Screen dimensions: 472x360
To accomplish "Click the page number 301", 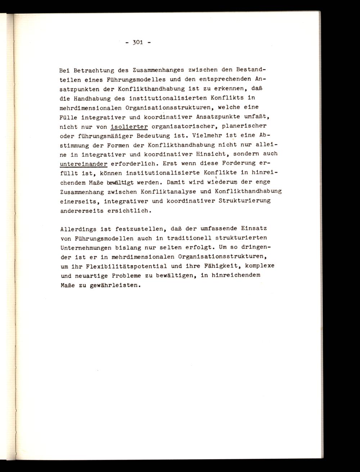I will click(138, 42).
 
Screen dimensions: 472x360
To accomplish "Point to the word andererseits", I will click(81, 210).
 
